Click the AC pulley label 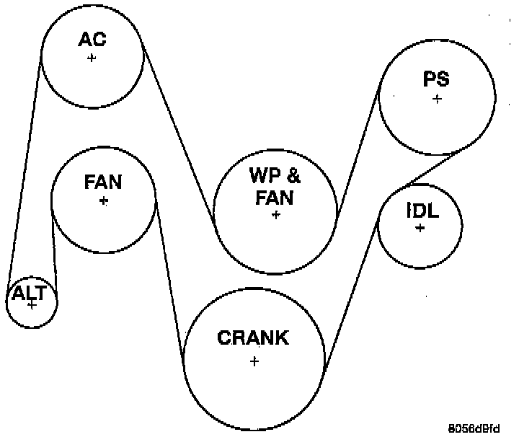tap(92, 38)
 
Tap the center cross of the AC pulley tap(92, 58)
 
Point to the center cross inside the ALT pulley tap(31, 305)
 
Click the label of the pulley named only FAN tap(103, 181)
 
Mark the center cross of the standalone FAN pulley tap(104, 200)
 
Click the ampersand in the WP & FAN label tap(295, 175)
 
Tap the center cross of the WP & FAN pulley tap(275, 215)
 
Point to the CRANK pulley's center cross tap(254, 361)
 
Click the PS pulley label tap(437, 79)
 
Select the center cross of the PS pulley tap(437, 99)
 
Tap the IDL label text tap(422, 210)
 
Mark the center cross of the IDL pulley tap(420, 228)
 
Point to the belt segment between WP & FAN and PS tap(358, 147)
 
